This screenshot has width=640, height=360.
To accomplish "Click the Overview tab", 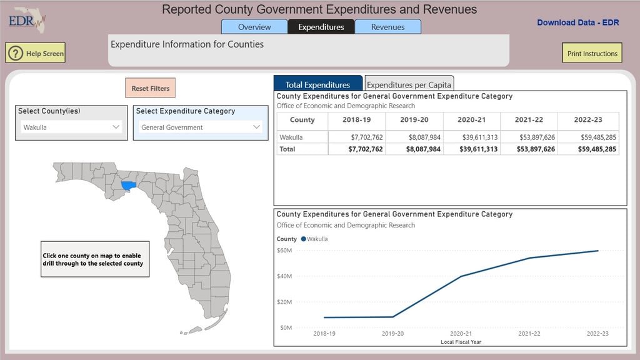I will pos(254,27).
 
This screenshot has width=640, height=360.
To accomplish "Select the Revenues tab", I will pos(387,27).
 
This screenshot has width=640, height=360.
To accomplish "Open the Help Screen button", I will pos(36,54).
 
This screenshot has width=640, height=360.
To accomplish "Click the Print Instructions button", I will pos(592,54).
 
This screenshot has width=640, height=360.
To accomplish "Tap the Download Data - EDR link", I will pos(577,22).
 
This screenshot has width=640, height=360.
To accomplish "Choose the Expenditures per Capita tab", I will pos(409,84).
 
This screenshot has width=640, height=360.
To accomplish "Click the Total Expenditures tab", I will pos(317,84).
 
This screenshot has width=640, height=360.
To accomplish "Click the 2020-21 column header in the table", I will pos(472,120).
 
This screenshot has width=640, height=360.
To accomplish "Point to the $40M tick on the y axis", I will pos(284,276).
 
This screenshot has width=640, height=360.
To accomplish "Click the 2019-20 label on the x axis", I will pos(393,334).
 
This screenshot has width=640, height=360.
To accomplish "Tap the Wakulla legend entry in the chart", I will pos(314,239).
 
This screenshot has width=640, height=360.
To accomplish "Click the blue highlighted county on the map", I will pos(128,186).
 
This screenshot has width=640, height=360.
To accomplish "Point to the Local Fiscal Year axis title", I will pos(461,342).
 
